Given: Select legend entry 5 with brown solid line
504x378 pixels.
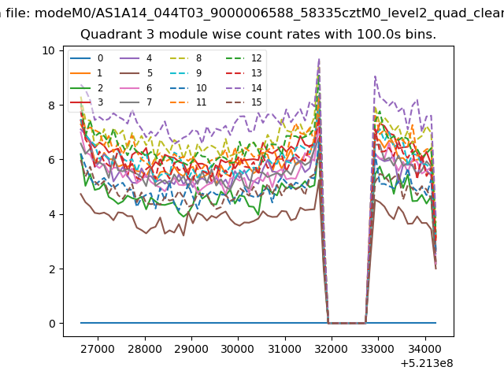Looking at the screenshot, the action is (x=136, y=73).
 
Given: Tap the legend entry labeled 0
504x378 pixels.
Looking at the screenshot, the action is (x=87, y=58).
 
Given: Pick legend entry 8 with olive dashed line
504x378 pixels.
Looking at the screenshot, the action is (x=186, y=58).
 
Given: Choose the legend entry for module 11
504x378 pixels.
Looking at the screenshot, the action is (x=187, y=102).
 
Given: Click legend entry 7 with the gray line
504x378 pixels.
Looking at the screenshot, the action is (x=136, y=102).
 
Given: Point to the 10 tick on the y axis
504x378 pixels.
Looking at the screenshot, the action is (x=48, y=50).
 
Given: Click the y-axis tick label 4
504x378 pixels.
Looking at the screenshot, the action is (x=52, y=214).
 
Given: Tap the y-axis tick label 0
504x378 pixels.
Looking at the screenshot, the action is (x=52, y=324).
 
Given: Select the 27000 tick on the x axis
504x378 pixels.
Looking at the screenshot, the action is (x=98, y=349).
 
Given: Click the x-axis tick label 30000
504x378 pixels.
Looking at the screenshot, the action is (x=238, y=349).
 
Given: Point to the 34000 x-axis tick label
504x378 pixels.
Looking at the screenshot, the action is (x=425, y=349).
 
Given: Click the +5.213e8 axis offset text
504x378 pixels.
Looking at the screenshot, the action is (x=427, y=364).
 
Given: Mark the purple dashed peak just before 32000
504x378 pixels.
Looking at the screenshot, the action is (x=319, y=60).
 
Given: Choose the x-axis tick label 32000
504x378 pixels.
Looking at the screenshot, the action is (x=332, y=349).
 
